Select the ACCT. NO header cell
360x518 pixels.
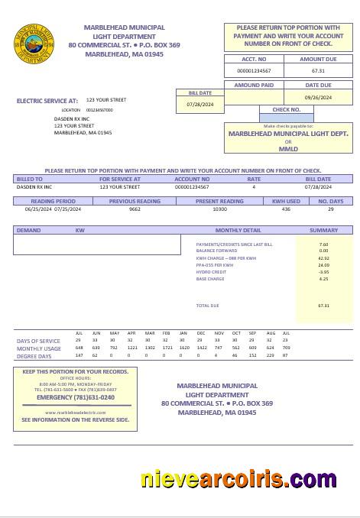tap(254, 59)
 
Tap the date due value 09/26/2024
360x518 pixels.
tap(318, 98)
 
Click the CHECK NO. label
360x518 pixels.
tap(287, 109)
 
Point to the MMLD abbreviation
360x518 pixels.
tap(288, 148)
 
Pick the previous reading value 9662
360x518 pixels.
tap(135, 209)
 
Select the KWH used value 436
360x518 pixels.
tap(286, 209)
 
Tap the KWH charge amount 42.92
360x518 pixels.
tap(323, 258)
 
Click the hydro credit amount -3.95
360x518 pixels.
tap(323, 272)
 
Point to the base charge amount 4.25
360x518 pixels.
tap(323, 279)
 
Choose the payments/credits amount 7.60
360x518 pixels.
tap(323, 244)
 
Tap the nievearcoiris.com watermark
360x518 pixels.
tap(238, 479)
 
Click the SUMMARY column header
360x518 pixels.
tap(323, 230)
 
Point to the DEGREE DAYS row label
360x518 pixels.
tap(34, 356)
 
